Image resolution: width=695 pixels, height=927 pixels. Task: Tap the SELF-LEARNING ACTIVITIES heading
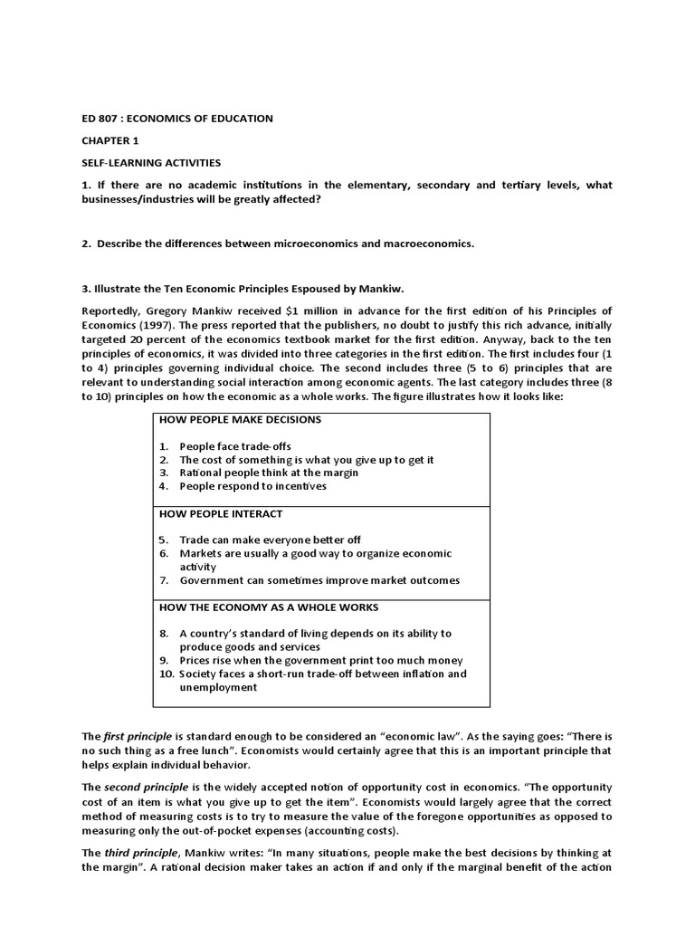tap(151, 163)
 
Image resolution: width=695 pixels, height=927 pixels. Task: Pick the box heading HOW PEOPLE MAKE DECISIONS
tap(240, 420)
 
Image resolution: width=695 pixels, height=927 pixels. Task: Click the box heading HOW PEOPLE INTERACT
tap(221, 513)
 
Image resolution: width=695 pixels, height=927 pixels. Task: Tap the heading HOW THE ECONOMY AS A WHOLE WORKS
tap(269, 607)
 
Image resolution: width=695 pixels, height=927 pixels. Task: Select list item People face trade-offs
tap(235, 446)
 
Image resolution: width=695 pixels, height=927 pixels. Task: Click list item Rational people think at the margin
tap(269, 473)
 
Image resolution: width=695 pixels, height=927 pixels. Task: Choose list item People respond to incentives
tap(252, 486)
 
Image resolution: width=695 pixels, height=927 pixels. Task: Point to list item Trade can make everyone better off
tap(270, 540)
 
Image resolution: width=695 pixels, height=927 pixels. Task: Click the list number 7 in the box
tap(164, 580)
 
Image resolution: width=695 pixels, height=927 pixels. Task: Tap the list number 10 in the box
tap(166, 674)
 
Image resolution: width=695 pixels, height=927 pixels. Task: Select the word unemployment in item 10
tap(218, 687)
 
